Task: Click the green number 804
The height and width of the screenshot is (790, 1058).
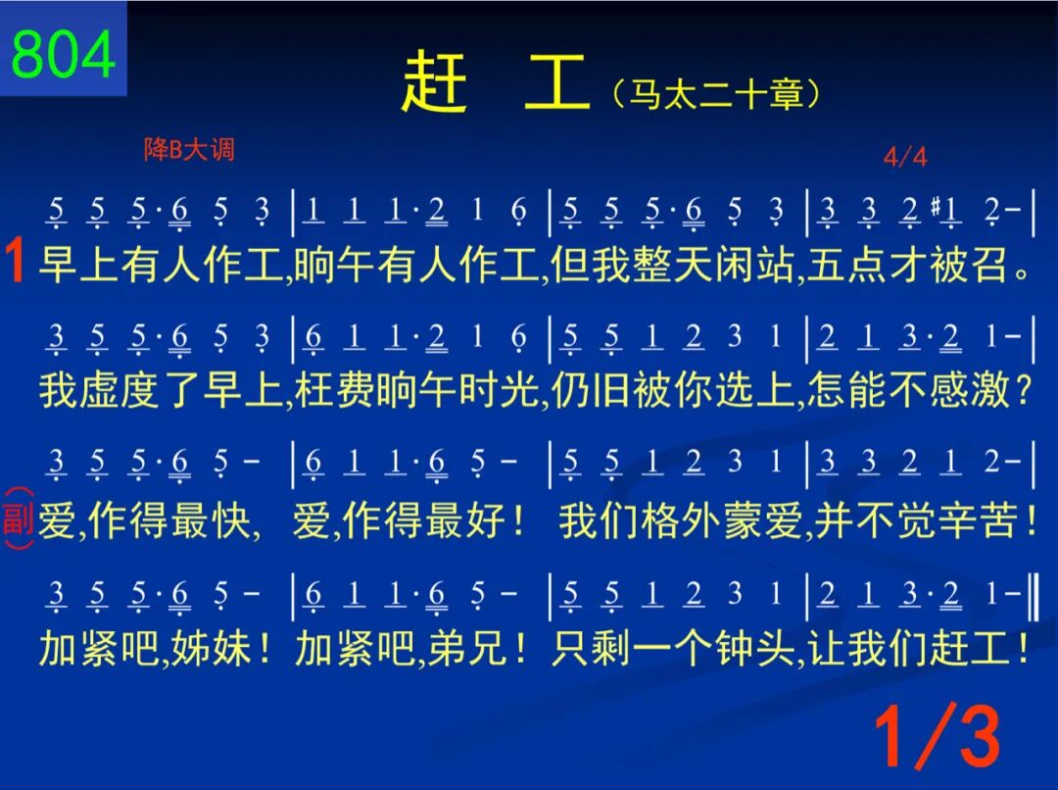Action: (63, 54)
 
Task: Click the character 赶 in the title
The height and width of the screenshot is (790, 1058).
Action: (434, 83)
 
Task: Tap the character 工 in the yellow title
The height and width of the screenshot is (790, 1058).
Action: (556, 83)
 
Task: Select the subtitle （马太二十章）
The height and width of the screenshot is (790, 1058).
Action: (716, 94)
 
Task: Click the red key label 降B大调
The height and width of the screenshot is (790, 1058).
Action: (190, 149)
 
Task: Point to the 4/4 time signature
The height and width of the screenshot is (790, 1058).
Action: (905, 157)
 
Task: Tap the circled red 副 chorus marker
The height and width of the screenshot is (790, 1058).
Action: (19, 518)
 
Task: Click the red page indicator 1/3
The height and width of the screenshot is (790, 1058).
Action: (938, 735)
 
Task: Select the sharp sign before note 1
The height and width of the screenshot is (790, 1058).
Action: (936, 205)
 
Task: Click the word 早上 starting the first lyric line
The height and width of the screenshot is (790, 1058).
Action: (79, 264)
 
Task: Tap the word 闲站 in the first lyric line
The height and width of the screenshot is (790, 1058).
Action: (753, 264)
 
